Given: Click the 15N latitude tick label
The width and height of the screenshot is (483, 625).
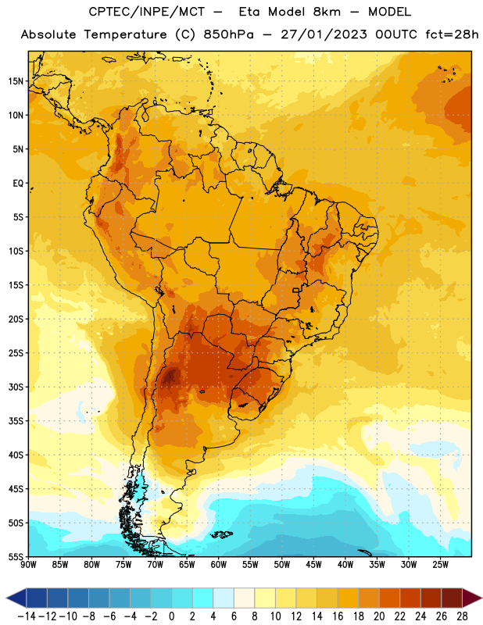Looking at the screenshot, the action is click(x=16, y=81).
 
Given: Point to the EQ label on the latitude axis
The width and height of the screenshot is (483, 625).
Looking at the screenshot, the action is click(x=18, y=184).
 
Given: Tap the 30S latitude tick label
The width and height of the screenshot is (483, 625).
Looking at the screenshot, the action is click(x=16, y=387).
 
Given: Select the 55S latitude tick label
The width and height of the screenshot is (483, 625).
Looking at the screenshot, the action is click(x=16, y=557).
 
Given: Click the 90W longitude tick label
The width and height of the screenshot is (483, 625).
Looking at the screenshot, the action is click(x=28, y=565).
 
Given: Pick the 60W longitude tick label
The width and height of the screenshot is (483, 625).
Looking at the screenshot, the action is click(x=219, y=565).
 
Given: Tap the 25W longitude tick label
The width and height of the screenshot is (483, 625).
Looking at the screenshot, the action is click(x=440, y=565).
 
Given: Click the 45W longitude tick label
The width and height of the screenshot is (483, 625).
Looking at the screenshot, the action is click(x=313, y=565).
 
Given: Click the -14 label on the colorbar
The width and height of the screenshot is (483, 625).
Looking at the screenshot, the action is click(x=27, y=616).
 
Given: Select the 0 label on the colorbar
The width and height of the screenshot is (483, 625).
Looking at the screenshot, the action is click(x=171, y=616).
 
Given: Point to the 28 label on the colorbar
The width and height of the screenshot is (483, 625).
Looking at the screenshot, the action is click(x=462, y=616).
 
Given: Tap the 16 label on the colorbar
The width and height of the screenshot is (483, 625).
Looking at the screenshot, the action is click(x=338, y=616).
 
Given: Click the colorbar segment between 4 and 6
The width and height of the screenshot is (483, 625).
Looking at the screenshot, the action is click(x=224, y=598).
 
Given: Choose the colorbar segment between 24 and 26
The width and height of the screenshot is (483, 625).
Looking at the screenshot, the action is click(x=431, y=598).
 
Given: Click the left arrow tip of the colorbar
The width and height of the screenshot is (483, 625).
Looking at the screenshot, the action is click(x=6, y=598).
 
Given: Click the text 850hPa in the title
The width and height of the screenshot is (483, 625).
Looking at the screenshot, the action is click(x=228, y=34).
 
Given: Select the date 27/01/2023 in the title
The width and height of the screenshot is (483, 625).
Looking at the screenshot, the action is click(x=324, y=34).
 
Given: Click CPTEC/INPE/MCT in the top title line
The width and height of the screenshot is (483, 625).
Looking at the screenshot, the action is click(x=147, y=12).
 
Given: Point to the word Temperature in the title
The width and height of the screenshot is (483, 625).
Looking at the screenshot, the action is click(x=125, y=35).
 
